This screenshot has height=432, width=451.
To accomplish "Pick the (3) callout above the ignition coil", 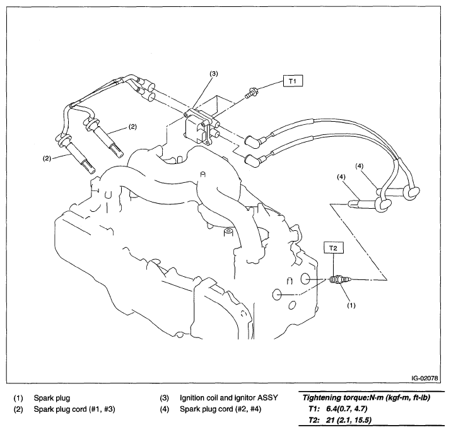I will click(214, 74).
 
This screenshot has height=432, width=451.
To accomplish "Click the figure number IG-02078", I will click(424, 378).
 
